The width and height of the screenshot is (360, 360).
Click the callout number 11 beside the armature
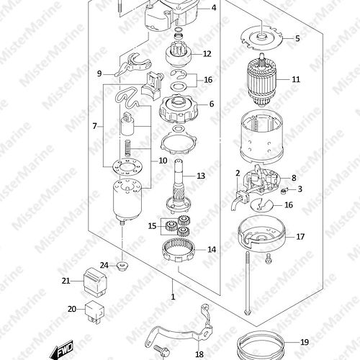(296, 79)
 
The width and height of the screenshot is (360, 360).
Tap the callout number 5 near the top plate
(297, 38)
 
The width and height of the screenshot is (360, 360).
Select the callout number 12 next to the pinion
(207, 54)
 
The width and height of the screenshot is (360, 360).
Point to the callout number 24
(104, 266)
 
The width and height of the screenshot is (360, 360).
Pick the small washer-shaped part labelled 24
(122, 266)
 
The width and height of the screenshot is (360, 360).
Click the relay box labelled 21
(95, 282)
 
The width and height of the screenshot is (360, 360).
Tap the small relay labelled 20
(95, 311)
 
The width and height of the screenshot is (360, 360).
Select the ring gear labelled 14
(179, 250)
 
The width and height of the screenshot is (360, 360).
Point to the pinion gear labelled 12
(179, 55)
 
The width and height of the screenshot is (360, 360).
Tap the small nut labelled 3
(284, 191)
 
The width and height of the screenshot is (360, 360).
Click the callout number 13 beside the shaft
(201, 176)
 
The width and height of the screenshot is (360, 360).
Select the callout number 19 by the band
(305, 342)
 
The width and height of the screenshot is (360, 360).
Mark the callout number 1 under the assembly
(173, 297)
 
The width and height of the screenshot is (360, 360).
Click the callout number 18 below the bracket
(199, 354)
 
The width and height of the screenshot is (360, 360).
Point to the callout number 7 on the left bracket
(95, 126)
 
